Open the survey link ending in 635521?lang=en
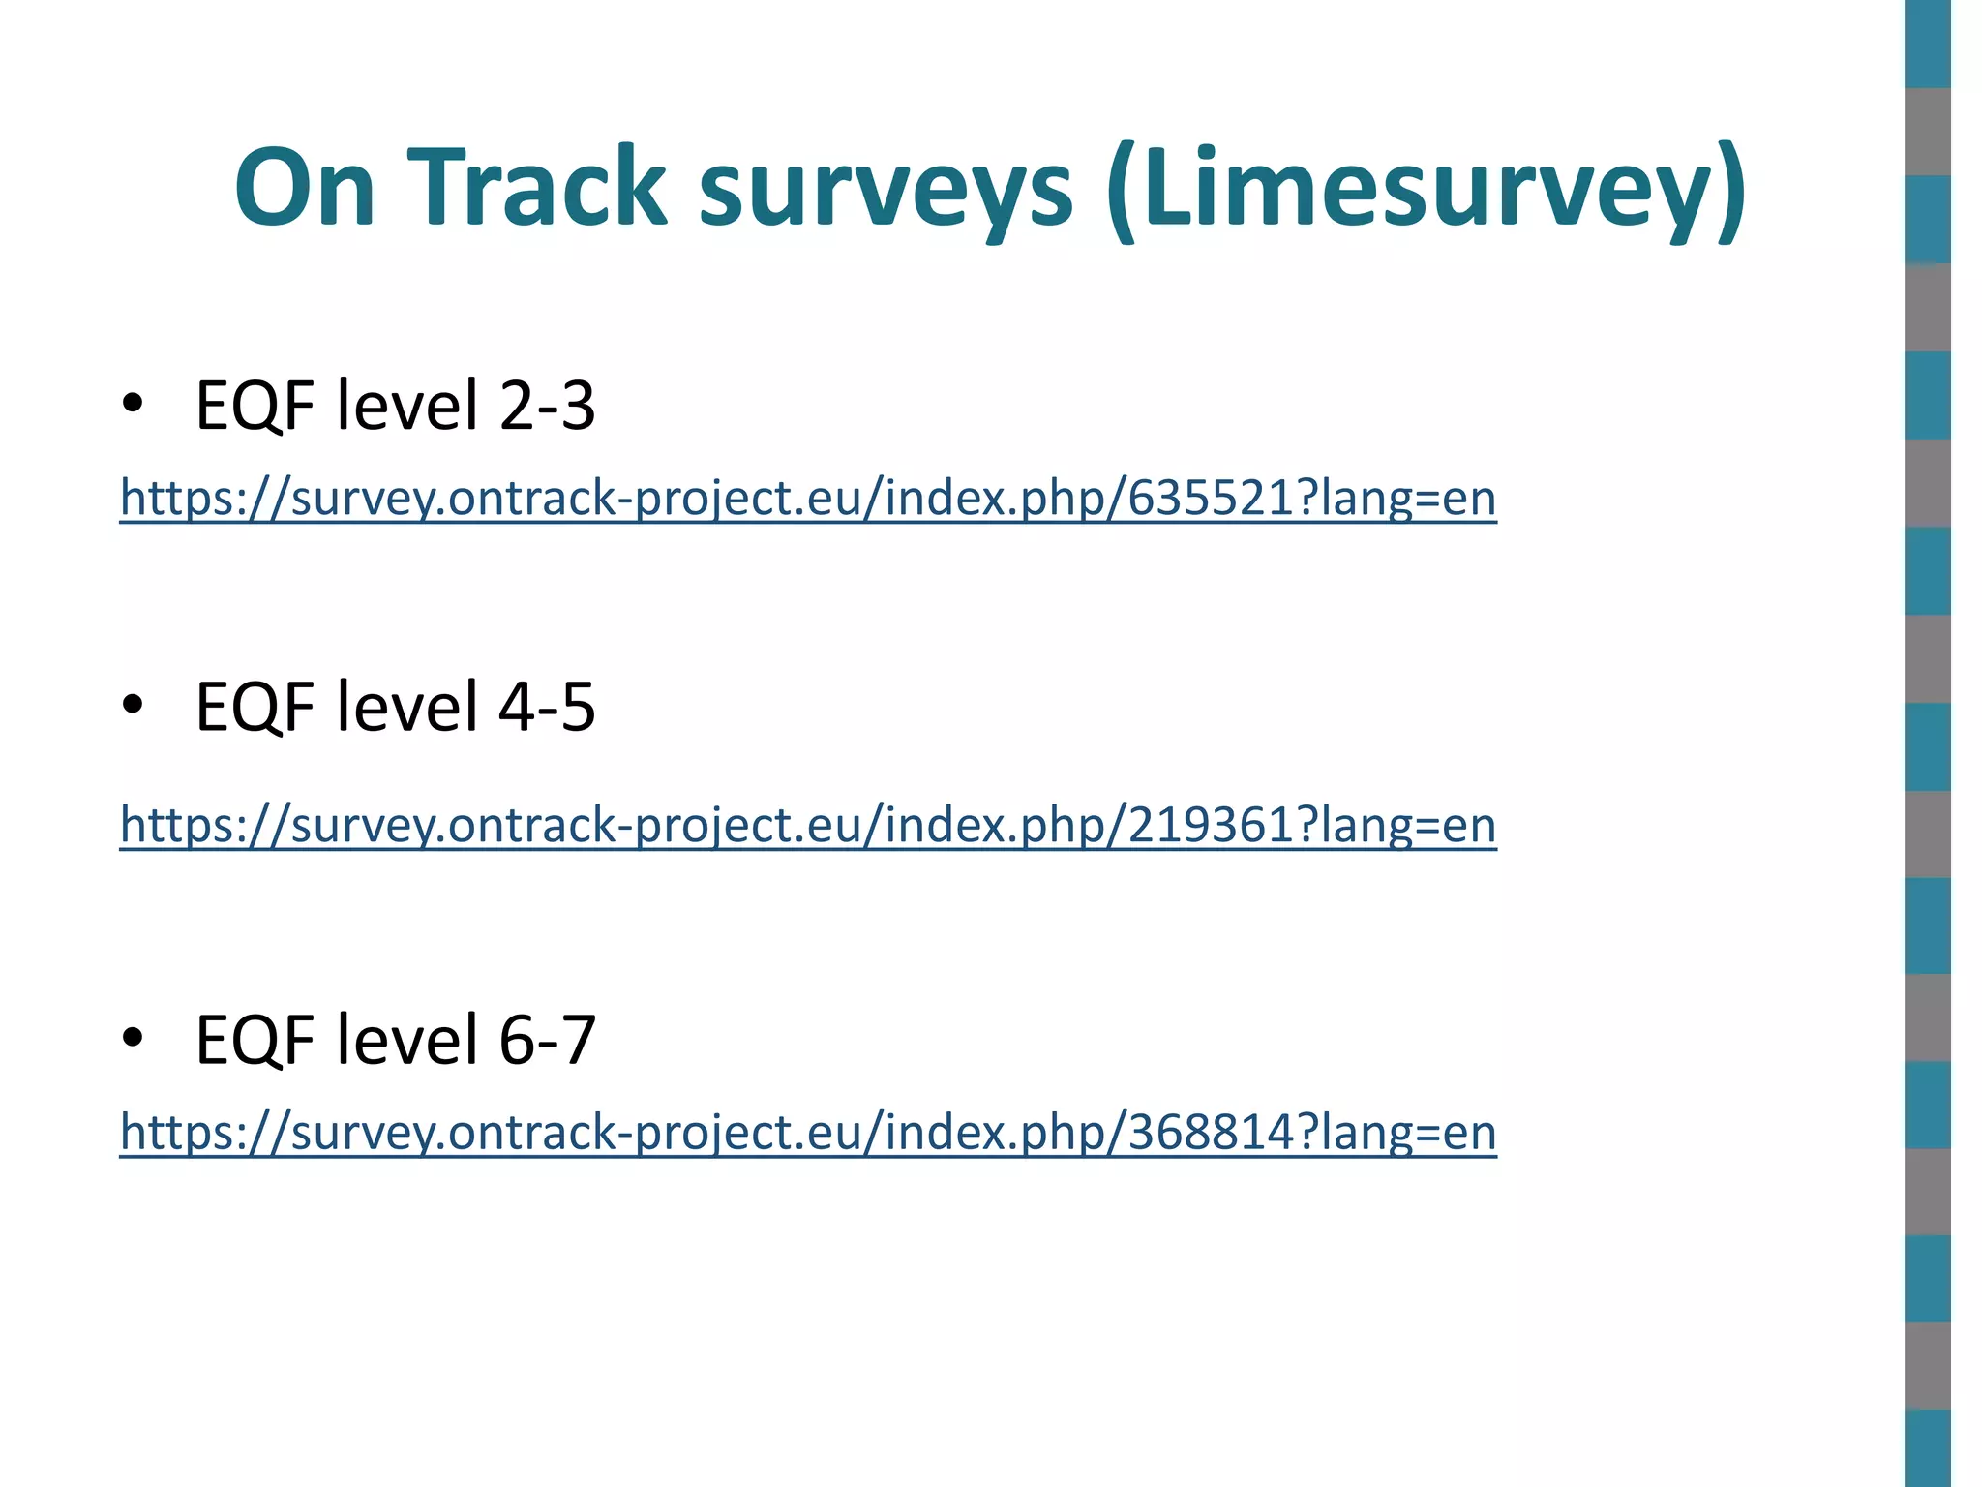[808, 499]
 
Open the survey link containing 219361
[808, 826]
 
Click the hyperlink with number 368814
[808, 1132]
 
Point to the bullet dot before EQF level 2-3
[133, 403]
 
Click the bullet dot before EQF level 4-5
[133, 704]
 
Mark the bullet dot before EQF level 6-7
[133, 1038]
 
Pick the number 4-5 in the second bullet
[547, 706]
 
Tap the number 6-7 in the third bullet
[547, 1040]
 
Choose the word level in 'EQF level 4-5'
[407, 706]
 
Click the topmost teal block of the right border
[1927, 44]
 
